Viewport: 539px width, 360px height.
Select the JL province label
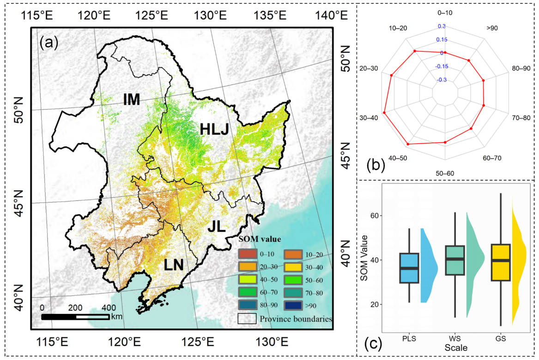click(217, 226)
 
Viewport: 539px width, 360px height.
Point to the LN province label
click(174, 265)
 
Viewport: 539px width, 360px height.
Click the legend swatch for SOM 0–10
click(247, 253)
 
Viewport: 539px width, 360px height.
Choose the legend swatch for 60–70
click(247, 292)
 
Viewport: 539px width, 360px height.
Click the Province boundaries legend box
click(247, 318)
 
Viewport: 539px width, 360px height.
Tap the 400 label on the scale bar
click(109, 308)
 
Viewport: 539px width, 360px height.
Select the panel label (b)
click(375, 164)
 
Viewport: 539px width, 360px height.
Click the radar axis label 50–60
click(445, 173)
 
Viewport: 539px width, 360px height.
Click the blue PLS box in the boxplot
click(409, 268)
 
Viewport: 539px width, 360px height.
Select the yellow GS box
click(500, 262)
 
